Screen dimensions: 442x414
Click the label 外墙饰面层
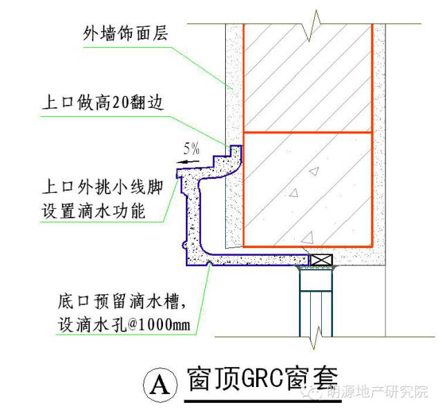126,33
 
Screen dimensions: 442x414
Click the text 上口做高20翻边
103,102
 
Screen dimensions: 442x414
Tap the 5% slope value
192,149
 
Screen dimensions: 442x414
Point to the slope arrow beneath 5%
188,162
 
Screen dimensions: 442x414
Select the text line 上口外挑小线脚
103,187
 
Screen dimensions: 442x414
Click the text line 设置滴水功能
94,211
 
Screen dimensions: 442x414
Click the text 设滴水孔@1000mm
124,325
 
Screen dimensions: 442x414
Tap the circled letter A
160,385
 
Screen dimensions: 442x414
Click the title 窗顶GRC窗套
262,379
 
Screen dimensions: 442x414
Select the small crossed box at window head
321,260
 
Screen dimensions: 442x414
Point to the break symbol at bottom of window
316,337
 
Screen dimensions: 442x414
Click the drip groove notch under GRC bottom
209,264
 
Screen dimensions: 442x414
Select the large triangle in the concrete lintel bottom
308,238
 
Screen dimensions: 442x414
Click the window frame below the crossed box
316,302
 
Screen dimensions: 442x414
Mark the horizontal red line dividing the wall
308,132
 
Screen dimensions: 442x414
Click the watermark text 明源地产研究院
377,392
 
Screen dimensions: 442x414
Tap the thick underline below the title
262,401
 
